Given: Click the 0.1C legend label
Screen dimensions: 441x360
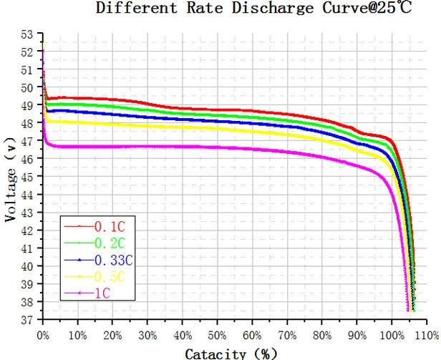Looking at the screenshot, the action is [x=110, y=227].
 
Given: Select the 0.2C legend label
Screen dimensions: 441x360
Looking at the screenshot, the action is [x=110, y=243].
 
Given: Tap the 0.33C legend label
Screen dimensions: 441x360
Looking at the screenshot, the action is [x=113, y=261].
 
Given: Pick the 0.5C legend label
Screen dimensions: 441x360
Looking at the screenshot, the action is [x=110, y=277].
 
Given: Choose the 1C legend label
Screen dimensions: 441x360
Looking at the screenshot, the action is [x=102, y=293].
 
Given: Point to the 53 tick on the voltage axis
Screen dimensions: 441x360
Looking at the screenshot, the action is [x=27, y=34].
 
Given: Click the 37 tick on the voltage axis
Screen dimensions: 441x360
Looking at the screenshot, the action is [x=27, y=320].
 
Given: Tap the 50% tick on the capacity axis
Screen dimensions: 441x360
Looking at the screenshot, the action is [x=218, y=336].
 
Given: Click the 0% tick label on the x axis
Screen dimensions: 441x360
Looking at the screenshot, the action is [x=43, y=336].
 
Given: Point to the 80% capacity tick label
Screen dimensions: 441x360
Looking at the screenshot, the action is [x=322, y=336].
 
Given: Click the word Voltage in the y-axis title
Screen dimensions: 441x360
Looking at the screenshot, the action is [x=11, y=195].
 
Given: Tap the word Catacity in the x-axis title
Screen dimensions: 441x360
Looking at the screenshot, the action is [x=215, y=354].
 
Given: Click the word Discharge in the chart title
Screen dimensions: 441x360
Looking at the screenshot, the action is [x=273, y=8].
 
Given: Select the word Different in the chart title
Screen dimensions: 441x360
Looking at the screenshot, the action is [x=137, y=8].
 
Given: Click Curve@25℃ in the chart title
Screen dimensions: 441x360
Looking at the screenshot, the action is [x=367, y=8].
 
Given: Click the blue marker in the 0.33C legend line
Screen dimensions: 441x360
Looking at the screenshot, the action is [x=79, y=260].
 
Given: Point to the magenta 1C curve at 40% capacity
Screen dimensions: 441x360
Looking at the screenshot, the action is [x=183, y=147].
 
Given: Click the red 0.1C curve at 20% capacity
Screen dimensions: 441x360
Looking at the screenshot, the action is [x=112, y=99].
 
